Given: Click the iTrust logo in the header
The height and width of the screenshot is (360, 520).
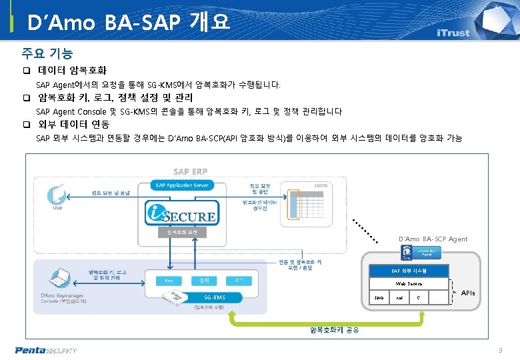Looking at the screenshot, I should pyautogui.click(x=453, y=33).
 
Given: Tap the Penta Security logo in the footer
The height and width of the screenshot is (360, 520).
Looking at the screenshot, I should pyautogui.click(x=46, y=350).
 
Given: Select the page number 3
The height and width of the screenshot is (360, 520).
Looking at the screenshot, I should pyautogui.click(x=500, y=351).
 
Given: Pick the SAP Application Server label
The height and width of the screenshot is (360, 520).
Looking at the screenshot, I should pyautogui.click(x=181, y=185).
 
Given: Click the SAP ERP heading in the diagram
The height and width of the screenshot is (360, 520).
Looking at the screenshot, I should pyautogui.click(x=190, y=172).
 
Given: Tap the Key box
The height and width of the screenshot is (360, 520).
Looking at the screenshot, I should pyautogui.click(x=169, y=281).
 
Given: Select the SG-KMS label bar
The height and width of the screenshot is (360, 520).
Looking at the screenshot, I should pyautogui.click(x=214, y=297).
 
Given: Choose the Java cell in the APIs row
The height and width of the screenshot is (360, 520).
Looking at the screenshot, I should pyautogui.click(x=379, y=297).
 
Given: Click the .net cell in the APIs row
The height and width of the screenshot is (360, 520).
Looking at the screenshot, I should pyautogui.click(x=399, y=297).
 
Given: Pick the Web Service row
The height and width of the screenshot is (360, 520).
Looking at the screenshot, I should pyautogui.click(x=409, y=284).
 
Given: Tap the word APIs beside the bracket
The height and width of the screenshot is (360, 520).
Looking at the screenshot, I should pyautogui.click(x=468, y=293).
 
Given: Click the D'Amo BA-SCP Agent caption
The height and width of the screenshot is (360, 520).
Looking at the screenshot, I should pyautogui.click(x=432, y=239).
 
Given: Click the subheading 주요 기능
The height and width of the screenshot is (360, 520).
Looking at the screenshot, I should pyautogui.click(x=47, y=53).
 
